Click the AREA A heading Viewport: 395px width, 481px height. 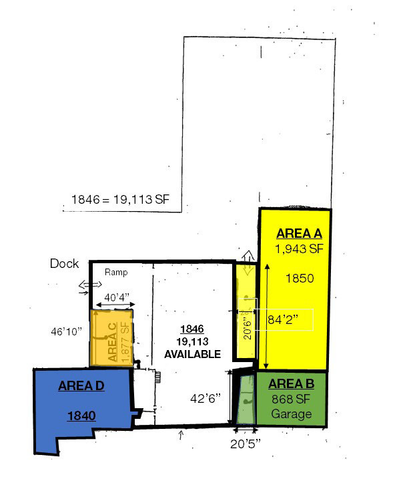tap(299, 233)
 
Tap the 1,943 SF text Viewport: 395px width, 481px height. tap(299, 249)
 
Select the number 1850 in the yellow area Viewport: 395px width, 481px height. tap(300, 278)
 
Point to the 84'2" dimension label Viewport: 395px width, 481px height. tap(282, 319)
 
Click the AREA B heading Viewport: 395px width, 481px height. tap(292, 383)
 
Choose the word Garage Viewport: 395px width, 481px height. tap(292, 414)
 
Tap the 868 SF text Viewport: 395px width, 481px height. tap(291, 399)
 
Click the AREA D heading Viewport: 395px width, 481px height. tap(81, 385)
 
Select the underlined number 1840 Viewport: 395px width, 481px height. tap(81, 416)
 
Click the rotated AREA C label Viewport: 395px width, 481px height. tap(112, 342)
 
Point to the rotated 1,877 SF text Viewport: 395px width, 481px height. tap(125, 342)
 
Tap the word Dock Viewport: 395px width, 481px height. tap(64, 263)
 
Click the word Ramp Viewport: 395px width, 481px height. tap(116, 272)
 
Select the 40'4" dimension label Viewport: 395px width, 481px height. tap(117, 297)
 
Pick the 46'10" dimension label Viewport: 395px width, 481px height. tap(67, 331)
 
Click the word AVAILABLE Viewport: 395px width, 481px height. tap(192, 354)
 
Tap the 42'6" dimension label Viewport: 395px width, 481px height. tap(206, 398)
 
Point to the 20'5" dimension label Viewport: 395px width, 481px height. tap(246, 444)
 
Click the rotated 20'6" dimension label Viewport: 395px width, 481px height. tap(248, 327)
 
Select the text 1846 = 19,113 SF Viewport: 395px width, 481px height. tap(120, 199)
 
